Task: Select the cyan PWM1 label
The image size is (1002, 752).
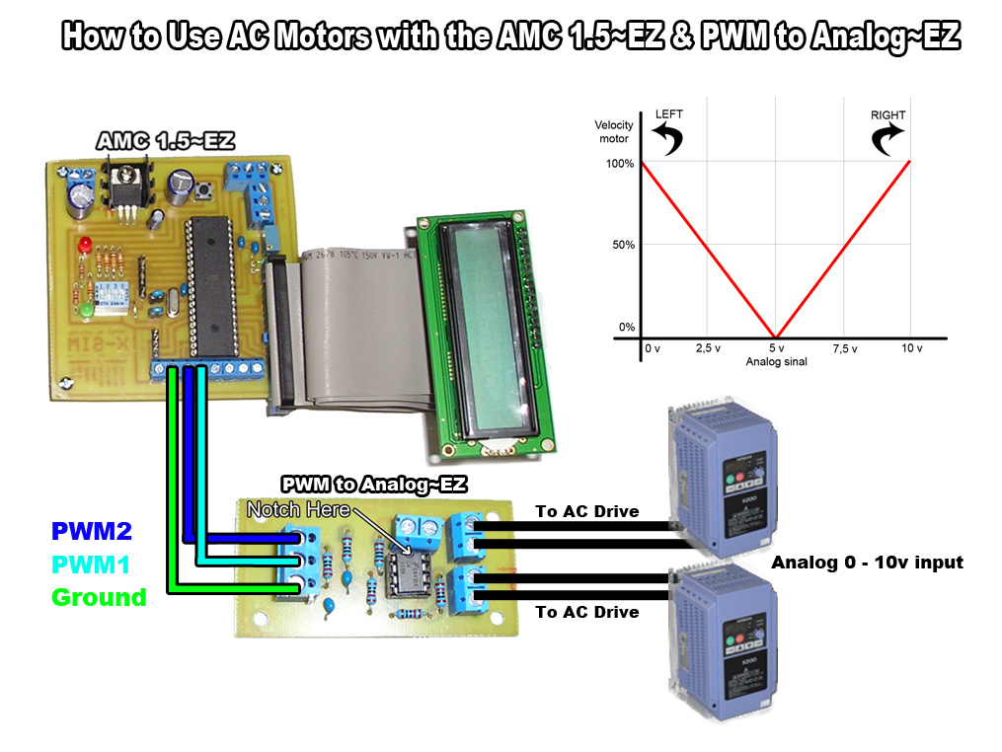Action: [91, 565]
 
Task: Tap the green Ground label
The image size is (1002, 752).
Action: [99, 597]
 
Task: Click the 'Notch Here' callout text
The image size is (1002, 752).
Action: [297, 509]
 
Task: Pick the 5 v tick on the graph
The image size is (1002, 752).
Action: [776, 349]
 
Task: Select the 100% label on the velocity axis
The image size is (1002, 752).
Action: [619, 163]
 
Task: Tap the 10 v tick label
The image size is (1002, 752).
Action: [911, 349]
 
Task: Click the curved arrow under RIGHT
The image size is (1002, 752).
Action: [886, 139]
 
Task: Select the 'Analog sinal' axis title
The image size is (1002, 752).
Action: [776, 362]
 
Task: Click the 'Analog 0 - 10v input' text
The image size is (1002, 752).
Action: [867, 563]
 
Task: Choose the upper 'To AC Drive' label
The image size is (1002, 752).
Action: [586, 511]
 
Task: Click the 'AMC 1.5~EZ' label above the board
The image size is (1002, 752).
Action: [165, 142]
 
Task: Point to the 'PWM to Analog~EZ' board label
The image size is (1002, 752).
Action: [373, 485]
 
